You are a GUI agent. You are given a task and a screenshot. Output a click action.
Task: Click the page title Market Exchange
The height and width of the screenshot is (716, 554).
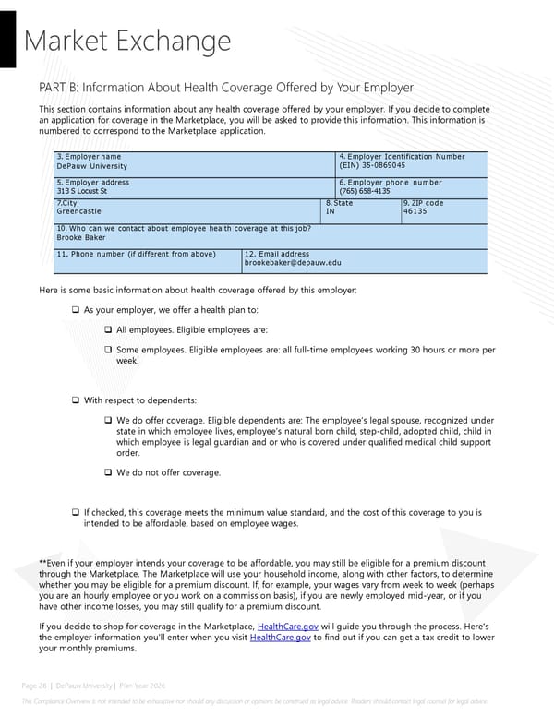126,41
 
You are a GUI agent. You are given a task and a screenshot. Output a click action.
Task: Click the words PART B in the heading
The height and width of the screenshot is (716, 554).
60,88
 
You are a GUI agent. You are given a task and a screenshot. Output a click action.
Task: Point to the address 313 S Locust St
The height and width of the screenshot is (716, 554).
82,192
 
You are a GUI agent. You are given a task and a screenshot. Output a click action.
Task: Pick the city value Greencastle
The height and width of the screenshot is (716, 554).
80,212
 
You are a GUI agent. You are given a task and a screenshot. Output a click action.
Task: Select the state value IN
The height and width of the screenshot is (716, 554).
331,212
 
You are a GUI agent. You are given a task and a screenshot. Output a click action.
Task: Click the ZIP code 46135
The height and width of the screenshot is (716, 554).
415,212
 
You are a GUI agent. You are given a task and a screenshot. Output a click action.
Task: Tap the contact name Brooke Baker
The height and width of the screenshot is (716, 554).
82,237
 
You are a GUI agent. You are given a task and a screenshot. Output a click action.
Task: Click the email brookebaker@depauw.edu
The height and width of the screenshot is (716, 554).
292,263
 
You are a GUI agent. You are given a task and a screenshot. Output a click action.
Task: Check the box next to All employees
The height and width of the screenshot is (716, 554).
108,330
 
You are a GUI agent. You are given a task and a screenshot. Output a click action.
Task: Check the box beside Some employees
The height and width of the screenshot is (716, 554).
108,351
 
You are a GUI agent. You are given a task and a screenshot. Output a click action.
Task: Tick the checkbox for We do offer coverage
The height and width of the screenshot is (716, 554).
108,421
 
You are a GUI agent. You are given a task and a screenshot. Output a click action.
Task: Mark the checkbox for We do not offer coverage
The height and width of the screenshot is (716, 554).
108,473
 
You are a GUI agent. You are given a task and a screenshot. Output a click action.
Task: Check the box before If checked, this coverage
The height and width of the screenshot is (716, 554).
76,512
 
